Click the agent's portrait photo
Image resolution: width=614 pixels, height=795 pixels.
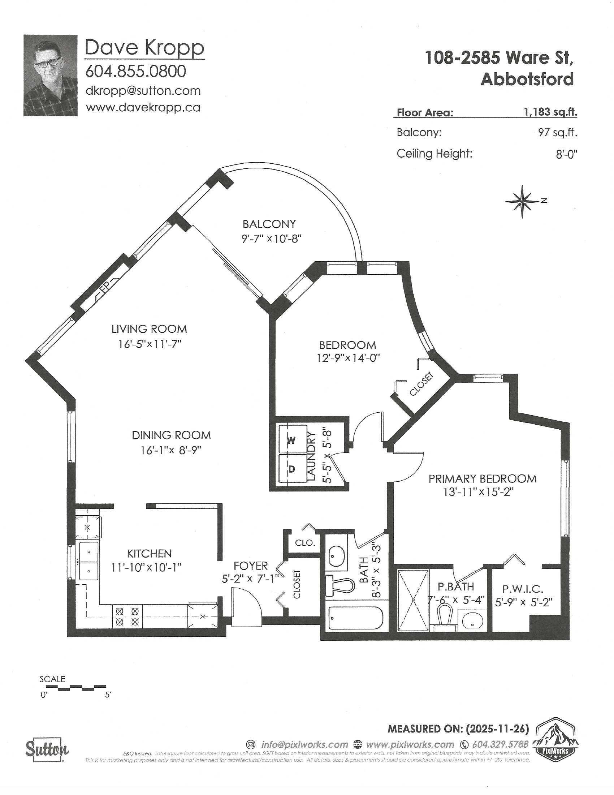(51, 76)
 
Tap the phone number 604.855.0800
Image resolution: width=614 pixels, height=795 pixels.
(135, 71)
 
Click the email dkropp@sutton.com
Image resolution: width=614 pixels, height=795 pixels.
(143, 90)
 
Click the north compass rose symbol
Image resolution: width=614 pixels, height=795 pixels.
(522, 201)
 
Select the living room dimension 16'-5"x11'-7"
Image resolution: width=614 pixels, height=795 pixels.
(149, 344)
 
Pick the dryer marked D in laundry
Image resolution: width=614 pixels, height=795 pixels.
(292, 469)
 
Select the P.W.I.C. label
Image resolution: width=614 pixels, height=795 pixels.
(522, 589)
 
